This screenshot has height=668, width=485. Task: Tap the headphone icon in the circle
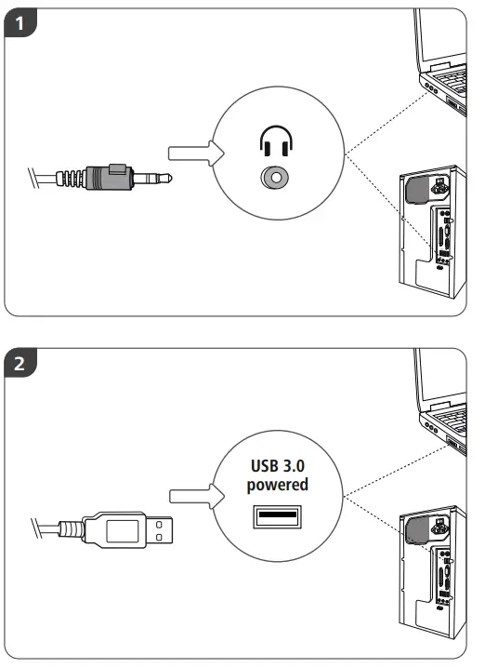(274, 142)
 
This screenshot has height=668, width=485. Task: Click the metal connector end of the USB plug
(163, 530)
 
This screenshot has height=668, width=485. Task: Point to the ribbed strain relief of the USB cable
(67, 530)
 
